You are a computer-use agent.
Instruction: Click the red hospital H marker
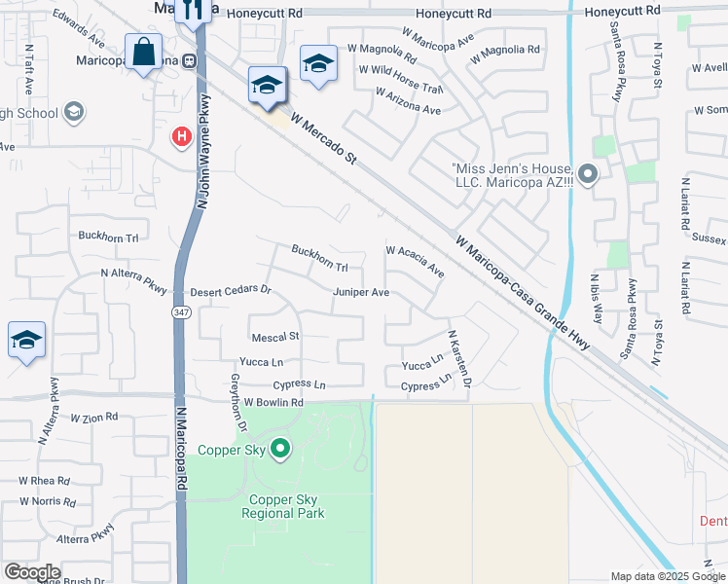click(x=181, y=138)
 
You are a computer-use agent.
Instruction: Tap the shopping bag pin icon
click(x=143, y=53)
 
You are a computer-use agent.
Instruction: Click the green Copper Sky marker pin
click(x=280, y=449)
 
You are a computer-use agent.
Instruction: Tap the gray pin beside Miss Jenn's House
click(x=587, y=174)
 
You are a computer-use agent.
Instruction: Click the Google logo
click(x=32, y=572)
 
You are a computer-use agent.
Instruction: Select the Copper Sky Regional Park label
click(x=282, y=506)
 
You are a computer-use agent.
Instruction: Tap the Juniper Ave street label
click(x=361, y=292)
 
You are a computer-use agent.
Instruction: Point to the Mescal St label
click(x=275, y=337)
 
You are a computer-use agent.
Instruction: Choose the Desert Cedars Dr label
click(x=230, y=290)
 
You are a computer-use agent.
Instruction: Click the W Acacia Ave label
click(x=415, y=262)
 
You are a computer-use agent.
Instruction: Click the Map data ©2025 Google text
click(x=667, y=576)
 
